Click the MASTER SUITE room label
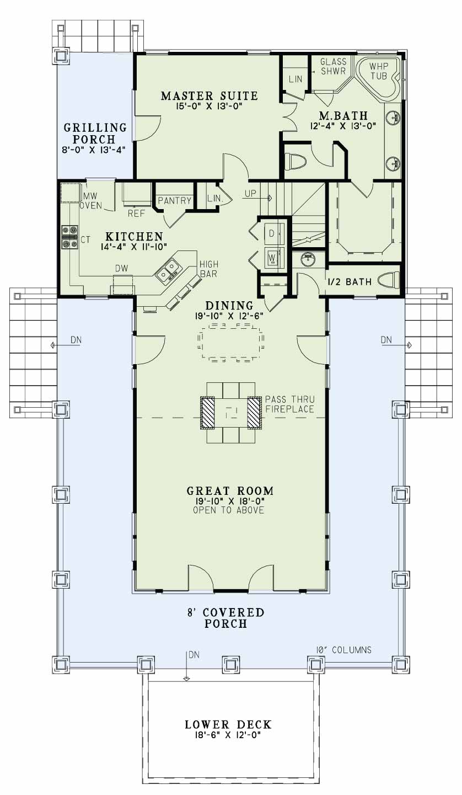209,96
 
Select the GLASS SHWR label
333,66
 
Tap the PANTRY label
174,200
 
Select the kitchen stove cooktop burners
70,237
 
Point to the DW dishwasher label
122,269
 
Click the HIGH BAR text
209,269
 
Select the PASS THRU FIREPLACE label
289,404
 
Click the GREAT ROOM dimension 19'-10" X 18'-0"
230,501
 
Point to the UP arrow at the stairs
258,197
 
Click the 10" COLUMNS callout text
343,650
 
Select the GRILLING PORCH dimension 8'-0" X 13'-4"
94,150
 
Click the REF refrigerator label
136,214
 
